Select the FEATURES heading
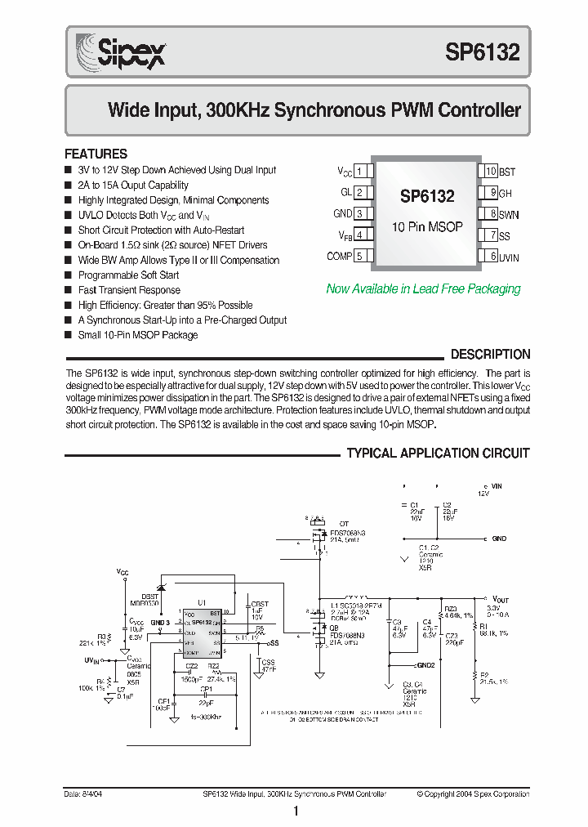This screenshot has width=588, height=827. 96,154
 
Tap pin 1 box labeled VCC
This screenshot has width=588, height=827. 364,171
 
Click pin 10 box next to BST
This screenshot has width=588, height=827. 489,172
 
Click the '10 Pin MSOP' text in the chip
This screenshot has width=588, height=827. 427,226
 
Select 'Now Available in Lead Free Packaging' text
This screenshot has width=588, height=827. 423,288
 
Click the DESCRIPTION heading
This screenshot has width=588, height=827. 490,355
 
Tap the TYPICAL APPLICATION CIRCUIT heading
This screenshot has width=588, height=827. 438,454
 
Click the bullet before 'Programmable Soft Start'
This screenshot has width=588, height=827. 69,275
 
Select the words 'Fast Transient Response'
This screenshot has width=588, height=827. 129,290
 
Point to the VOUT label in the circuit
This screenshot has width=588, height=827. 501,599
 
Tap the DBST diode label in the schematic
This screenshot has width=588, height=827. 150,597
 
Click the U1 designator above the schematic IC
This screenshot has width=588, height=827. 201,602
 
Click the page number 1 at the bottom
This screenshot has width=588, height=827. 295,811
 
